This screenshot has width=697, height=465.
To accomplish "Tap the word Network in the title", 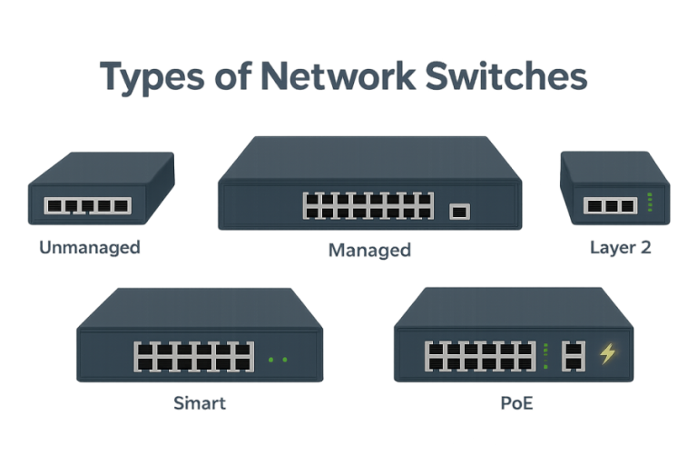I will click(x=323, y=77).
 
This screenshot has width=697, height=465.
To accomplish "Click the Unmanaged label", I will click(x=90, y=247).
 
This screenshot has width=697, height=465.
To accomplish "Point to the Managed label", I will click(x=369, y=250).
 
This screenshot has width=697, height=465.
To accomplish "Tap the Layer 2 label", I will click(x=620, y=247).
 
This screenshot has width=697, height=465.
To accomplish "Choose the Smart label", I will click(x=200, y=403).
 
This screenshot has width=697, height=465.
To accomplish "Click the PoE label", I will click(x=516, y=403).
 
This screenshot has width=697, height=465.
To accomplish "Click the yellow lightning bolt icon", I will click(x=607, y=354).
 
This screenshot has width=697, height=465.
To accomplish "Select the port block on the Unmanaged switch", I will click(x=88, y=206).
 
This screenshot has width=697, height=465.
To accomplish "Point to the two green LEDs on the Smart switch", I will click(x=278, y=360).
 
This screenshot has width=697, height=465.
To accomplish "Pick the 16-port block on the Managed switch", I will click(x=368, y=205).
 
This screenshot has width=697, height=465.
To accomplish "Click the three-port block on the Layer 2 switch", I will click(x=609, y=206).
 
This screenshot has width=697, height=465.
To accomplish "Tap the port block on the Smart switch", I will click(x=193, y=355).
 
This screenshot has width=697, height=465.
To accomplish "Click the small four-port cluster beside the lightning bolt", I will click(x=574, y=355).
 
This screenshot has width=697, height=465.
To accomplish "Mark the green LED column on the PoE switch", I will click(x=545, y=355).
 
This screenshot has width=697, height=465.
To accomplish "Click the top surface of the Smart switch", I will click(x=200, y=309).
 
